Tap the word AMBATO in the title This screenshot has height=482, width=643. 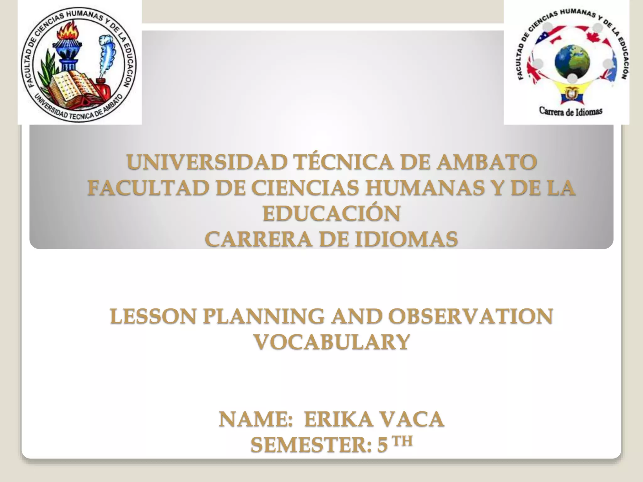pos(487,162)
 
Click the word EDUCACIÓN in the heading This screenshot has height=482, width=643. pos(332,214)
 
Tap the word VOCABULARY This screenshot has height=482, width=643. pos(332,342)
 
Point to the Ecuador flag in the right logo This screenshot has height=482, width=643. pos(572,94)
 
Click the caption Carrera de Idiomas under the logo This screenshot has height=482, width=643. pos(570,111)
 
